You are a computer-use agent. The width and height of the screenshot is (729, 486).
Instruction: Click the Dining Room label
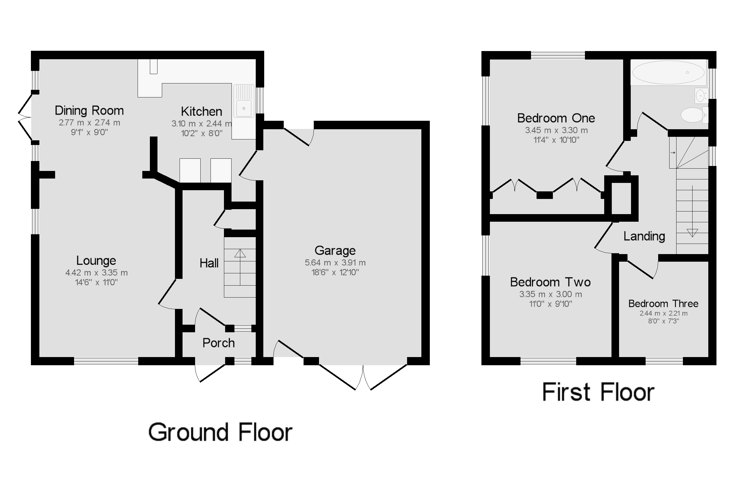click(89, 111)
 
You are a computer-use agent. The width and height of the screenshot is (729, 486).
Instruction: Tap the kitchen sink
click(244, 108)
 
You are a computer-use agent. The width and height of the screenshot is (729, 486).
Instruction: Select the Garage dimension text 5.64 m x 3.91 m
click(335, 263)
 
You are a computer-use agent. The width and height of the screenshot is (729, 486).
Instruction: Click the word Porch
click(218, 343)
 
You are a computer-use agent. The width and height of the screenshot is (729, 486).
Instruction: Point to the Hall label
click(209, 263)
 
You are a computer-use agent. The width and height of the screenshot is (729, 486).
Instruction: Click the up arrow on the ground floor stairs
click(240, 253)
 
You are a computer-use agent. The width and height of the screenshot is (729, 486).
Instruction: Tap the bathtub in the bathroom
click(668, 72)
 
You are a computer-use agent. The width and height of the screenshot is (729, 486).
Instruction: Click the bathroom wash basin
click(701, 96)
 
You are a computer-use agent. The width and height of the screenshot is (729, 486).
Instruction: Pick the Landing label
click(644, 237)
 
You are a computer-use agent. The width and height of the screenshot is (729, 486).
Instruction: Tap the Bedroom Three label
click(663, 303)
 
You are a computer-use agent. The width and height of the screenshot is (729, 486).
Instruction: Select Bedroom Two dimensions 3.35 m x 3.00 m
click(551, 294)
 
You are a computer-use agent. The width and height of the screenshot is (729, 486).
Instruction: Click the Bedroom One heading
click(556, 118)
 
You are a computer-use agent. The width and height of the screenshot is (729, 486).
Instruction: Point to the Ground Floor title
click(220, 432)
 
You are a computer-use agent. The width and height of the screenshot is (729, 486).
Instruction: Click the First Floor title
click(598, 392)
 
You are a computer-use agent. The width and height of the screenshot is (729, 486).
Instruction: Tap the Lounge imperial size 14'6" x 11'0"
click(96, 282)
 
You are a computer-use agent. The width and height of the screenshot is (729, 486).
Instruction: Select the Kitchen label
click(201, 111)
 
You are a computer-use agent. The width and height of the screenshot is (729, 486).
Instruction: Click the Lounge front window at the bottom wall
click(106, 361)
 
